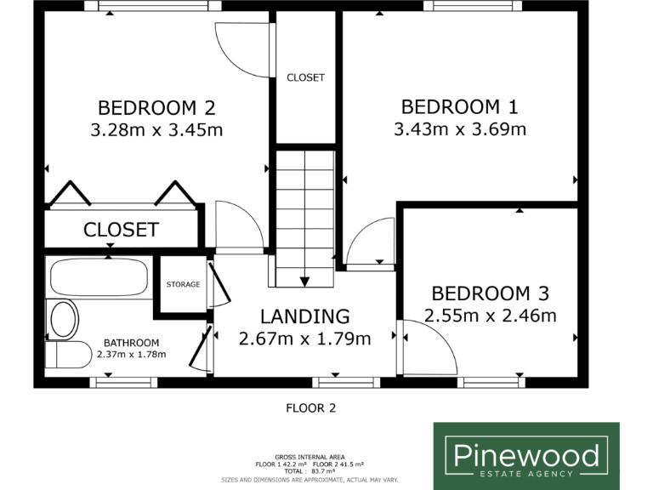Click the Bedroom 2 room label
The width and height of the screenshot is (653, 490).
(156, 108)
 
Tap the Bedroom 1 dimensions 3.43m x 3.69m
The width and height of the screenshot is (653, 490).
(460, 129)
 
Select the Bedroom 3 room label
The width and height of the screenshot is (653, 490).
(490, 293)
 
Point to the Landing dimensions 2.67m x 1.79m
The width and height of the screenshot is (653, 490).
(304, 339)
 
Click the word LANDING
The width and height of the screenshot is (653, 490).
(304, 316)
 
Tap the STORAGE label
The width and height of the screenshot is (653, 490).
(183, 284)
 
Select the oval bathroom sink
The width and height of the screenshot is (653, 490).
(64, 320)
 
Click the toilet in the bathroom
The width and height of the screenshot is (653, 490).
(67, 355)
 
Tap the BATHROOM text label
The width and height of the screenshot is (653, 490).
(131, 343)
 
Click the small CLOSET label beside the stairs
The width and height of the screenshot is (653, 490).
(305, 77)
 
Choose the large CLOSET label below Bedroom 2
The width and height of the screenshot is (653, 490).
(121, 230)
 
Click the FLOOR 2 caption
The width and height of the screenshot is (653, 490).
(309, 408)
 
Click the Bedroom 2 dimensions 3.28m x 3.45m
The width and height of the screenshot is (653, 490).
(156, 130)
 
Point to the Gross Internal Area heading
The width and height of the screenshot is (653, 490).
(309, 457)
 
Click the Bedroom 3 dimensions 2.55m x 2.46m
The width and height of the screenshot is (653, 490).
(490, 316)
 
